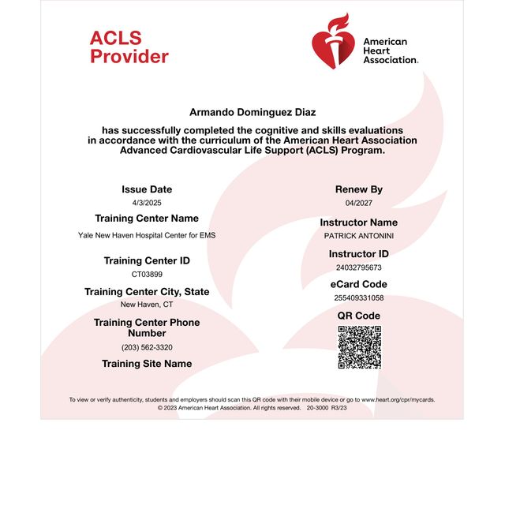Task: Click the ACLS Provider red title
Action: pos(129,47)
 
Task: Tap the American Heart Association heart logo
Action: pos(334,41)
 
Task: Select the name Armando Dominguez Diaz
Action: pos(252,113)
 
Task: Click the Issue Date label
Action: pos(147,189)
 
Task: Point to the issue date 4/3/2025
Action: pos(147,203)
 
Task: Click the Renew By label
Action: pos(359,189)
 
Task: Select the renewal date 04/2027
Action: pos(359,203)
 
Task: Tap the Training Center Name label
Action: pos(147,219)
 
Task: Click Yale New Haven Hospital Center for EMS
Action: pos(147,235)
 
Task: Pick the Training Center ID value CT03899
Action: pos(147,274)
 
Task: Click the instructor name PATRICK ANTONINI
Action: pos(358,235)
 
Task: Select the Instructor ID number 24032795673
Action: pos(358,267)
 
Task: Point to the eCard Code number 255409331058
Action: pos(358,297)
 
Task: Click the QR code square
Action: pos(359,347)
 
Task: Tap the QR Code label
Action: pos(359,316)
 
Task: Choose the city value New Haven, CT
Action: pos(147,304)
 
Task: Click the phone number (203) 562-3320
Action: pos(147,347)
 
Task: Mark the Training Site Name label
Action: pos(147,364)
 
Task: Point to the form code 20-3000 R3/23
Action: pos(327,408)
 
